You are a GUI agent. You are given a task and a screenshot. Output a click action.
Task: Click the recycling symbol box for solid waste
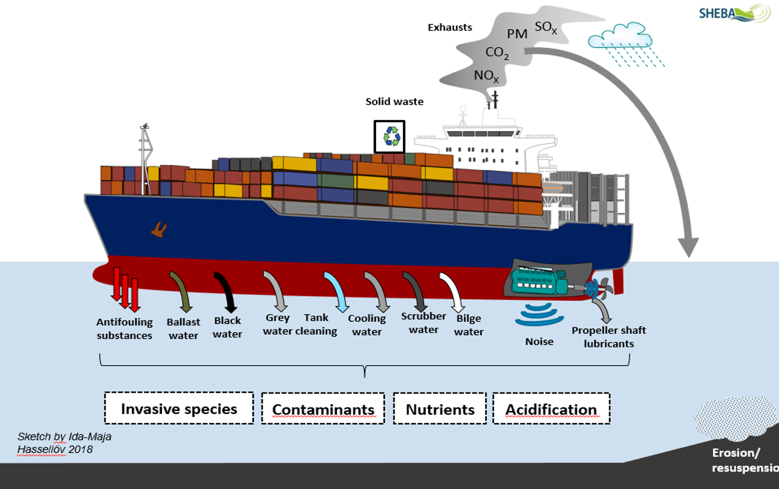click(x=390, y=137)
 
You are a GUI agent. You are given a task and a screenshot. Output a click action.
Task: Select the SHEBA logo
click(x=734, y=13)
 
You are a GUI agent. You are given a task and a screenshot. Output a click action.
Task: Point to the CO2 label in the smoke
click(x=497, y=53)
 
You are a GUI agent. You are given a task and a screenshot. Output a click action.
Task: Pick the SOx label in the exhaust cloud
click(x=546, y=27)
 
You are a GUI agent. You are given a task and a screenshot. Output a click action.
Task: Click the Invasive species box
click(x=179, y=409)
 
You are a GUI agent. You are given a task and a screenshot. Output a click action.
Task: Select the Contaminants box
click(x=323, y=410)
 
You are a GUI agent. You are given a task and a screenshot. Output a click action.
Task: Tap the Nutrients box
click(x=440, y=410)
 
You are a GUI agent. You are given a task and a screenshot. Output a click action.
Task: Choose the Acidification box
click(x=551, y=410)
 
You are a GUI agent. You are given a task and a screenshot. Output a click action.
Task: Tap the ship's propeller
click(x=601, y=289)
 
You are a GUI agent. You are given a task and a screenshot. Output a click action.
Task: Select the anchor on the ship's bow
click(x=159, y=229)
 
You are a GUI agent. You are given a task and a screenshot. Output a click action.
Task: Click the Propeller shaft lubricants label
click(x=609, y=337)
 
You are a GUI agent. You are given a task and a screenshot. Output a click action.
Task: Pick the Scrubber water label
click(x=423, y=322)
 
